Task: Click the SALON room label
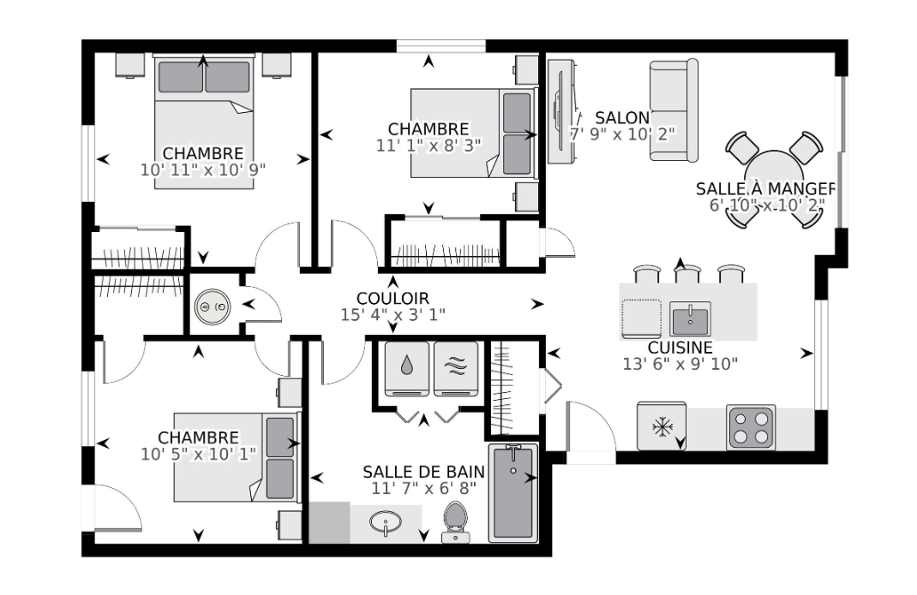[622, 118]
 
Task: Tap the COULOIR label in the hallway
[393, 299]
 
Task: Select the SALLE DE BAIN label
[423, 472]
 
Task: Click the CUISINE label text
[680, 348]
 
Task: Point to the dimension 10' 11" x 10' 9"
[203, 170]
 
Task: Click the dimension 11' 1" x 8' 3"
[429, 146]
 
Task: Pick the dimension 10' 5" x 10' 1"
[198, 454]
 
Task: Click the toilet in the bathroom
[456, 522]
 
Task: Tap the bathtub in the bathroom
[513, 492]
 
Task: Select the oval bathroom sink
[386, 521]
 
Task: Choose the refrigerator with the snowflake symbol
[662, 426]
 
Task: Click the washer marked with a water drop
[407, 369]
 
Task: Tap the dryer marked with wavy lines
[456, 369]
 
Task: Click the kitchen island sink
[690, 319]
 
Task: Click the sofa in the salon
[674, 110]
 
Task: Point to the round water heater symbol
[212, 306]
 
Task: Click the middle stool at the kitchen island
[687, 274]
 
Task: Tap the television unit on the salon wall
[562, 111]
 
